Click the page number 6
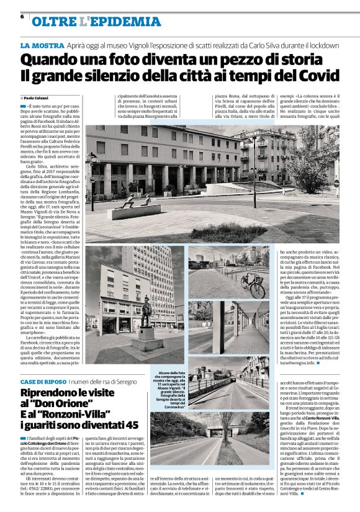(22, 17)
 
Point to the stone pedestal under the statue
(146, 340)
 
